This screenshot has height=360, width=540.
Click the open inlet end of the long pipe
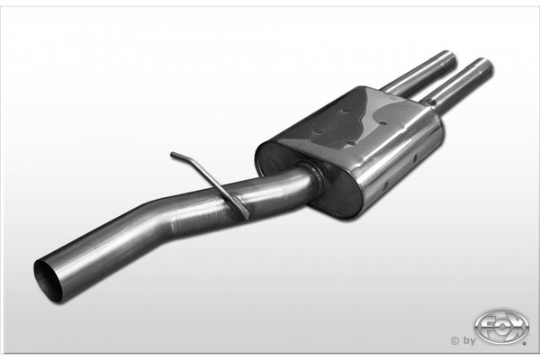pyautogui.click(x=49, y=280)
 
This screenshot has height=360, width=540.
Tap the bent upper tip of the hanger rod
pyautogui.click(x=172, y=154)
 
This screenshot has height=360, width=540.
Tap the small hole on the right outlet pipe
pyautogui.click(x=430, y=101)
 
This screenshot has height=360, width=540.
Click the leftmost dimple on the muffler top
pyautogui.click(x=319, y=132)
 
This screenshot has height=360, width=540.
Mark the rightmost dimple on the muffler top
pyautogui.click(x=382, y=123)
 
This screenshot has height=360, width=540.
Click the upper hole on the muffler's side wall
pyautogui.click(x=415, y=157)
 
